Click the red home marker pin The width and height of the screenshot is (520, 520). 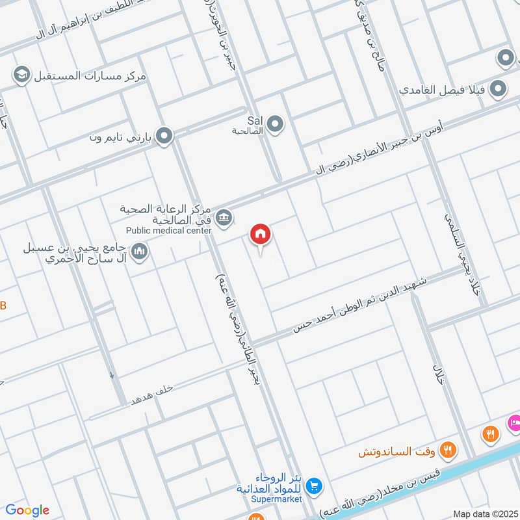pyautogui.click(x=261, y=234)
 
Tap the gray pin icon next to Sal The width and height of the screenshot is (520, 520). pyautogui.click(x=275, y=123)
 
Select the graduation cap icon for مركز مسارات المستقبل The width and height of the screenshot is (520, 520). pyautogui.click(x=21, y=75)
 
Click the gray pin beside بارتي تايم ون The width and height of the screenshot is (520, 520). pyautogui.click(x=165, y=136)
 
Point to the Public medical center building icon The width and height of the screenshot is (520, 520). pyautogui.click(x=224, y=217)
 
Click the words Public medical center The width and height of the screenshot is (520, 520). pyautogui.click(x=169, y=230)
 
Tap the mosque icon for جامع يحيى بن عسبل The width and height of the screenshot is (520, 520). pyautogui.click(x=139, y=251)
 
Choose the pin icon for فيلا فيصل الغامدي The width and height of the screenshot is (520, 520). pyautogui.click(x=498, y=88)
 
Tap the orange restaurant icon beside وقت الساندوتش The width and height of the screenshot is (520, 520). pyautogui.click(x=447, y=448)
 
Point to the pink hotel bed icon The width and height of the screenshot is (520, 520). pyautogui.click(x=514, y=422)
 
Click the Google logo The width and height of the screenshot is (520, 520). pyautogui.click(x=27, y=510)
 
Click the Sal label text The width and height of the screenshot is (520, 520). pyautogui.click(x=254, y=120)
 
